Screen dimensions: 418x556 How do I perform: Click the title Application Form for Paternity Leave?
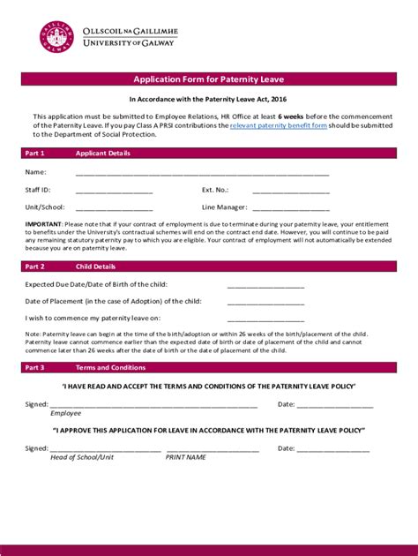[x=208, y=79]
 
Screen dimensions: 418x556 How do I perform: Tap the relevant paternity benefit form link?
[x=279, y=126]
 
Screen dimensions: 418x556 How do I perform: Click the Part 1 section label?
[x=35, y=153]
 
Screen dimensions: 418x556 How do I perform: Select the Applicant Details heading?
[x=103, y=153]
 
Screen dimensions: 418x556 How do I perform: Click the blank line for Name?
[x=202, y=174]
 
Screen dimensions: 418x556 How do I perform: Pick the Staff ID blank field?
[x=114, y=192]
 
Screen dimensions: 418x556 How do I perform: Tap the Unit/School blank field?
[x=114, y=209]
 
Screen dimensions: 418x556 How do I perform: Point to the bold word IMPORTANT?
[x=42, y=224]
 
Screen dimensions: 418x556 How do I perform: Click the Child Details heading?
[x=95, y=266]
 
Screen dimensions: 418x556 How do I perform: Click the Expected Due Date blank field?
[x=265, y=286]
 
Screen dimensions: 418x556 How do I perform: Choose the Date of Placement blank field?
[x=265, y=303]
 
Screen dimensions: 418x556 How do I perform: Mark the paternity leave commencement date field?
[x=265, y=319]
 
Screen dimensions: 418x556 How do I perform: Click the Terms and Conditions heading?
[x=110, y=367]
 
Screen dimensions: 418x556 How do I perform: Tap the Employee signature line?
[x=153, y=406]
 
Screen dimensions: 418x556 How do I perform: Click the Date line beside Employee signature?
[x=334, y=406]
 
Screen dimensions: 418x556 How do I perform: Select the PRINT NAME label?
[x=185, y=457]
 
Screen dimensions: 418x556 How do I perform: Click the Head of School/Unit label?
[x=82, y=457]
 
